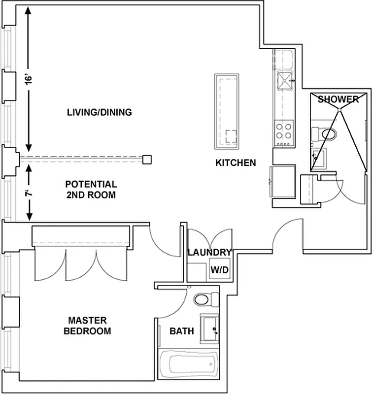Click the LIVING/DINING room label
[x=100, y=112]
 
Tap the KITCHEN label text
[x=236, y=163]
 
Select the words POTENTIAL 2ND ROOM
[x=91, y=190]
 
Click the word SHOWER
[x=338, y=99]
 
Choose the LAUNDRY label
[x=209, y=253]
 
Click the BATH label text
[x=181, y=331]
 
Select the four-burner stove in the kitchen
[x=283, y=132]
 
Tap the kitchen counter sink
[x=285, y=82]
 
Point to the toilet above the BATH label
[x=205, y=299]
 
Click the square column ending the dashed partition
[x=147, y=159]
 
